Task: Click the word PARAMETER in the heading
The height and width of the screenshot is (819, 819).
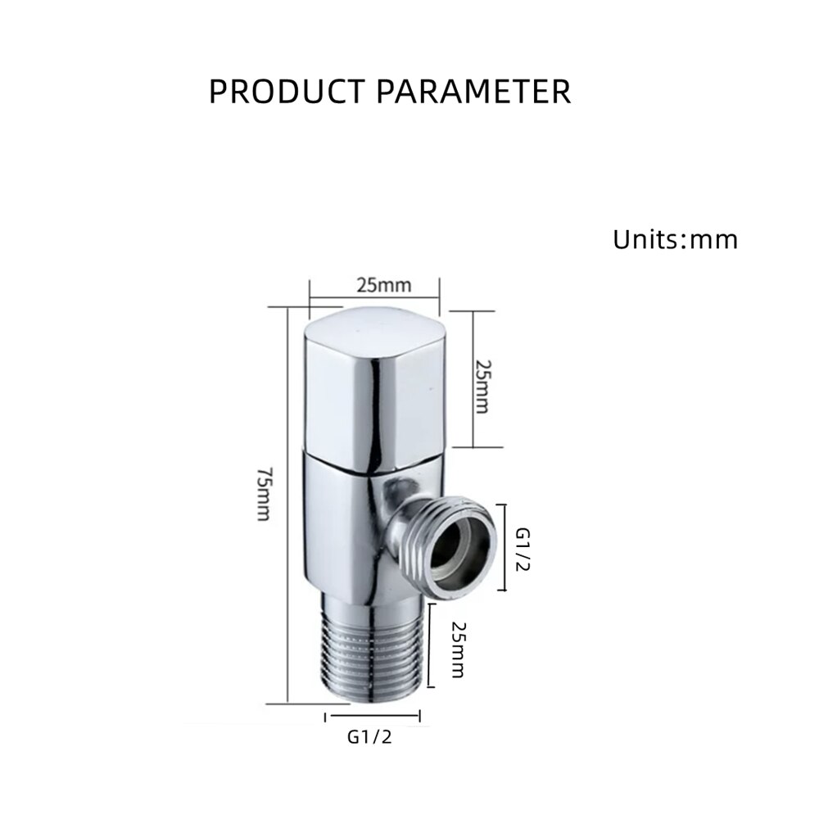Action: click(x=473, y=90)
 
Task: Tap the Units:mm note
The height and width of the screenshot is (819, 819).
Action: click(x=675, y=239)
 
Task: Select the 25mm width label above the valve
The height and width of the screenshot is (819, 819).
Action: click(x=383, y=285)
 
